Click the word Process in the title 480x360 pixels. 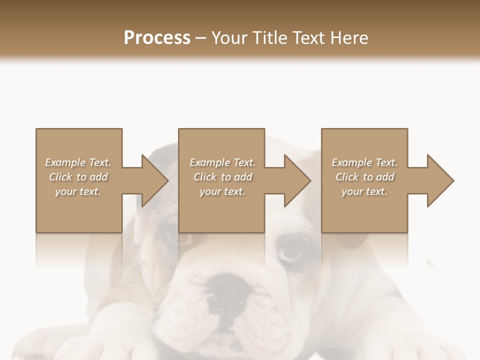(157, 38)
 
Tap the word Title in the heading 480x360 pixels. (272, 38)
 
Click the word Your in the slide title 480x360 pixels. (230, 38)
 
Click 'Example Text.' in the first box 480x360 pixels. (78, 162)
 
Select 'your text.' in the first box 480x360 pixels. (78, 191)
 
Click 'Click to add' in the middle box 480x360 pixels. (222, 177)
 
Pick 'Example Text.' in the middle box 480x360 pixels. (222, 162)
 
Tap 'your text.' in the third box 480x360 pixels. (364, 191)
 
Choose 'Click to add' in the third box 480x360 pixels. (364, 177)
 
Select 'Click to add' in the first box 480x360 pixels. (78, 177)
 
